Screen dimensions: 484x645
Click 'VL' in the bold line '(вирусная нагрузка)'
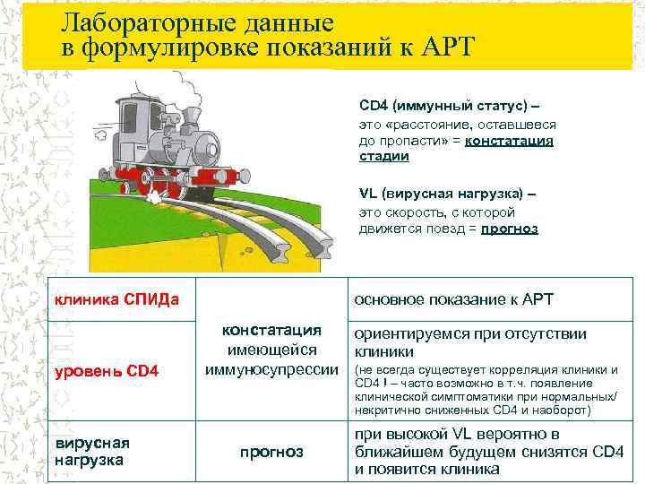click(367, 194)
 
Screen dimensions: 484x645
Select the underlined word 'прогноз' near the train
click(510, 228)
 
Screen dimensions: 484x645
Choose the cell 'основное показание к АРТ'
click(454, 298)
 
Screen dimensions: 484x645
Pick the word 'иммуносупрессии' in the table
click(271, 369)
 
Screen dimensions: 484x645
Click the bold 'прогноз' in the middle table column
click(272, 452)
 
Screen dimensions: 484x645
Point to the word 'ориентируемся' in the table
click(410, 333)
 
